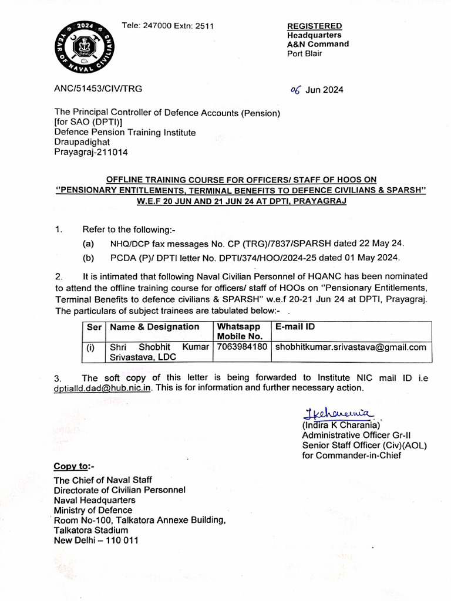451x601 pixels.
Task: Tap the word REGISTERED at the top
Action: point(314,26)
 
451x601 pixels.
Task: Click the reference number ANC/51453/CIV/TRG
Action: point(98,89)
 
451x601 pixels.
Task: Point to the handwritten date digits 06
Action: point(297,90)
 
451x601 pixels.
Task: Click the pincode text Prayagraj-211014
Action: point(91,152)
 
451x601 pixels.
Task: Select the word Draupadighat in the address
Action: point(82,142)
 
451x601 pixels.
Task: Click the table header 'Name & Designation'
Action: point(154,327)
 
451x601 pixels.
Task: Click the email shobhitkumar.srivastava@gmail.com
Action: point(351,347)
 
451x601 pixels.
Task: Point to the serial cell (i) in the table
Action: point(91,347)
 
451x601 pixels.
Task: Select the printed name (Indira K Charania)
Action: point(341,424)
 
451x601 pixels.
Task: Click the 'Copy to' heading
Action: point(73,467)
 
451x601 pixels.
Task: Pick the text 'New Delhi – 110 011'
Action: point(96,541)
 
